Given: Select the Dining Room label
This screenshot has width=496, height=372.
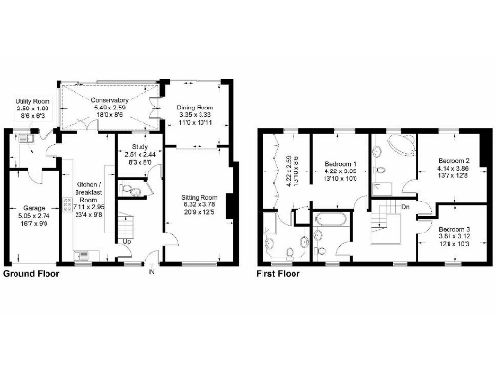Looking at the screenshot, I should point(196,108).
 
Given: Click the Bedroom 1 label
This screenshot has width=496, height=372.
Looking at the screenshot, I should point(340,163).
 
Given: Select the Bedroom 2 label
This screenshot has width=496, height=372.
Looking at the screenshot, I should point(451,160).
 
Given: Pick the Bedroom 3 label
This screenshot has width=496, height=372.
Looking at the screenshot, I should point(450,226).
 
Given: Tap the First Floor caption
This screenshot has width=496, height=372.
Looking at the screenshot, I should point(278,274).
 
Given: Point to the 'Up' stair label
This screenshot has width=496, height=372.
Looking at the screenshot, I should point(125,240).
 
